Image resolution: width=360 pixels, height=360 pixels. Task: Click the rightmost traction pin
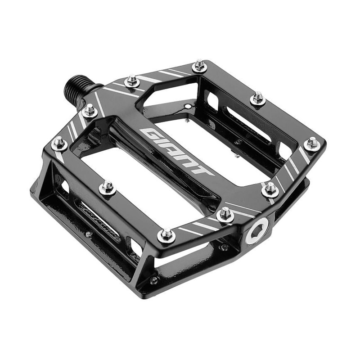point(311,144)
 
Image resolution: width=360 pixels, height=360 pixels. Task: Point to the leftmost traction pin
point(59,143)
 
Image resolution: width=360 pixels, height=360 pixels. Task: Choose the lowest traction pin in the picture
point(166,234)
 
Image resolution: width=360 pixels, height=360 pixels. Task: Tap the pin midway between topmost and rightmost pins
point(258,98)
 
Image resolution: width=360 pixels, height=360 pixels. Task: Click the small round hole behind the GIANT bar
point(187,107)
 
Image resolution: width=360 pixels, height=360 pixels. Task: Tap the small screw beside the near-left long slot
point(89,234)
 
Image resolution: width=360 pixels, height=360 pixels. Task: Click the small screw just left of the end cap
point(223,247)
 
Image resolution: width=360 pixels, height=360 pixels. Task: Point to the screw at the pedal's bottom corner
point(154,280)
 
